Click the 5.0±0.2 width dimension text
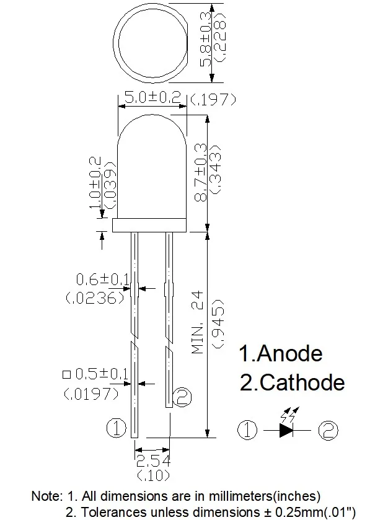coord(152,97)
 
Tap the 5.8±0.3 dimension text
coord(206,40)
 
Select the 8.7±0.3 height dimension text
coord(201,172)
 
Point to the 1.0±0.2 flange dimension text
coord(95,183)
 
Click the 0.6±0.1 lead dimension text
coord(102,280)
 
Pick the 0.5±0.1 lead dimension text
coord(102,374)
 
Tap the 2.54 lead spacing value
coord(153,461)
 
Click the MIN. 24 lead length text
coord(198,322)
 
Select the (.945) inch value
coord(219,324)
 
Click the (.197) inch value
coord(213,100)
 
